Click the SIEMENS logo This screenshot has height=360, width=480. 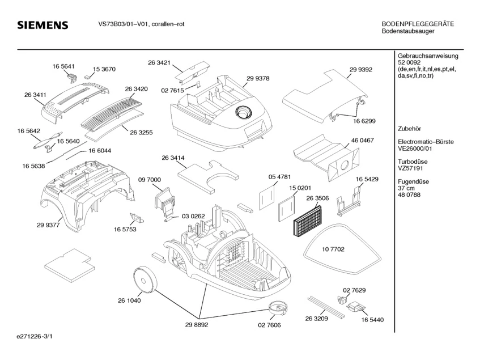click(43, 25)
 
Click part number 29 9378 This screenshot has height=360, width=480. click(258, 78)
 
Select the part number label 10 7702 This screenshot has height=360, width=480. click(334, 249)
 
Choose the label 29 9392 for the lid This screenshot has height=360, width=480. click(360, 69)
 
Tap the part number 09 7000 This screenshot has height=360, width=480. click(150, 180)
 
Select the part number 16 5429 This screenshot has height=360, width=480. click(367, 179)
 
